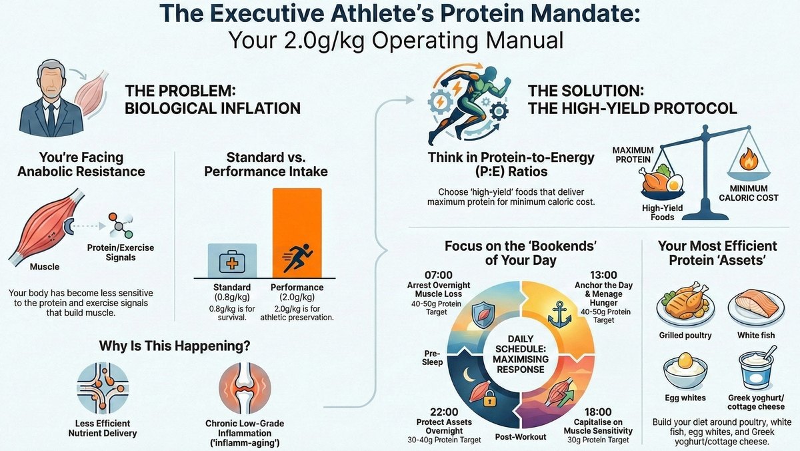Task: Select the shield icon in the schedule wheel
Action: [481, 314]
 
